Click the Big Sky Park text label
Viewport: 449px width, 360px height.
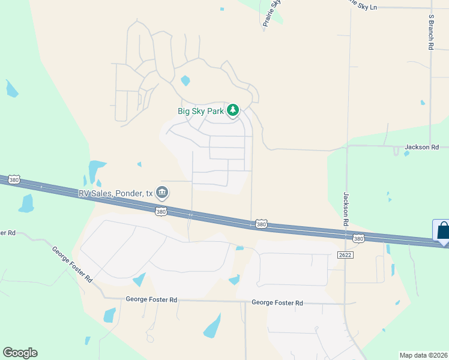click(200, 110)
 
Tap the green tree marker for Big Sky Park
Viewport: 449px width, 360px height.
click(233, 110)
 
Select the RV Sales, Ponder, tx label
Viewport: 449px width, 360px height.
click(115, 193)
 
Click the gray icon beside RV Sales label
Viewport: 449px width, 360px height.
click(162, 193)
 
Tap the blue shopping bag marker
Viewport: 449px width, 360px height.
click(442, 231)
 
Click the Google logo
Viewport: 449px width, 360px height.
click(20, 353)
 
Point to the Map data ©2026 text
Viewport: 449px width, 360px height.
click(424, 355)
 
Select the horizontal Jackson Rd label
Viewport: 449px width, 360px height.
click(422, 146)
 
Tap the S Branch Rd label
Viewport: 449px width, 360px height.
click(431, 33)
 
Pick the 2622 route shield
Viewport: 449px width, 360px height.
click(345, 254)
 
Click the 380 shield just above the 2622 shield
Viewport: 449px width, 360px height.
click(358, 239)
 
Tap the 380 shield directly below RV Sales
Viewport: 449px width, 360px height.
click(160, 212)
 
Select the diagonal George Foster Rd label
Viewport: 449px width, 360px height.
click(72, 265)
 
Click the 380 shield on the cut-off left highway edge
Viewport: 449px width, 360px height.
click(14, 179)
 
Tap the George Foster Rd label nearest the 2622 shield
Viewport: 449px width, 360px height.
click(277, 303)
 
